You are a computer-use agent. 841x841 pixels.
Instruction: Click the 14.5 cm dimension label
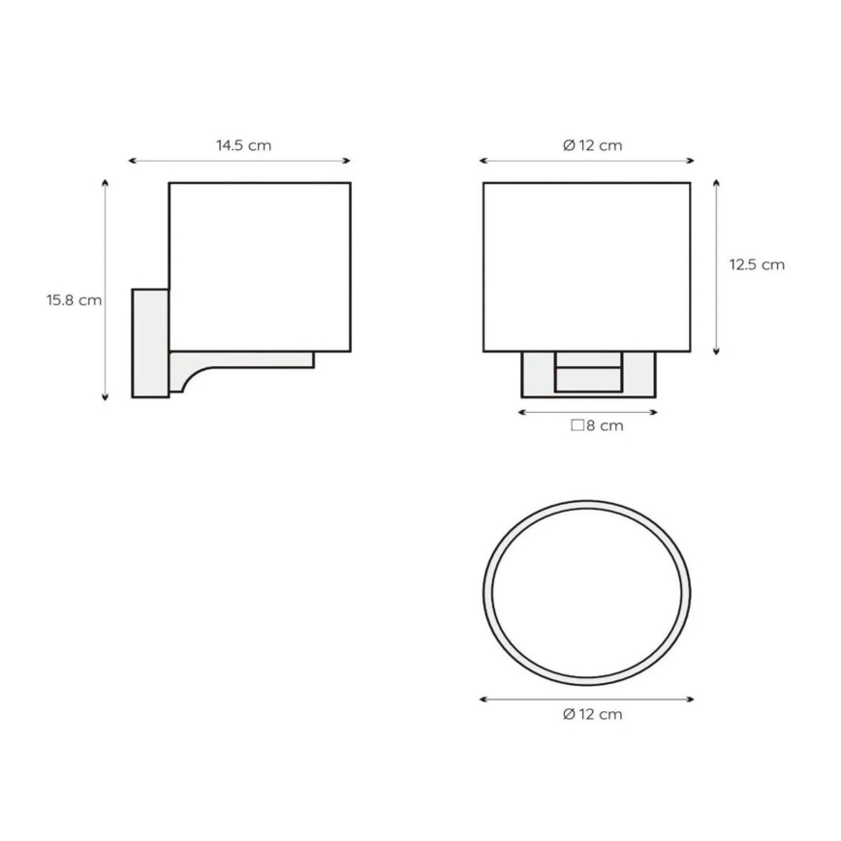pyautogui.click(x=243, y=145)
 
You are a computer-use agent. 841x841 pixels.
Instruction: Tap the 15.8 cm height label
pyautogui.click(x=74, y=299)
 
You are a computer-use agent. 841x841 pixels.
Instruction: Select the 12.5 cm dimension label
pyautogui.click(x=757, y=265)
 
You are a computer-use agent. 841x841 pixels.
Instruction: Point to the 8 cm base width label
pyautogui.click(x=597, y=425)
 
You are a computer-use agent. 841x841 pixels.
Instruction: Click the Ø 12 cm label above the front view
pyautogui.click(x=593, y=145)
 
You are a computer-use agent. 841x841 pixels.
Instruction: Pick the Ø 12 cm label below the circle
pyautogui.click(x=593, y=714)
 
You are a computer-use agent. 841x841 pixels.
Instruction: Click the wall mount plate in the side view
pyautogui.click(x=151, y=343)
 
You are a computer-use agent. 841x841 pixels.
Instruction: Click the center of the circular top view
pyautogui.click(x=587, y=593)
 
